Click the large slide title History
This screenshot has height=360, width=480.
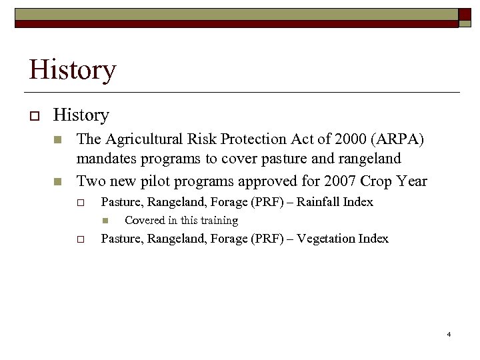72,69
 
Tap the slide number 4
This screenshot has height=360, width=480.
449,333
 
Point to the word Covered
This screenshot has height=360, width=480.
145,221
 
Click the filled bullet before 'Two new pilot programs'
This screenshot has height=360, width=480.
58,181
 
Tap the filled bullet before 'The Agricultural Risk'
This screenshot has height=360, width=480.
58,140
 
